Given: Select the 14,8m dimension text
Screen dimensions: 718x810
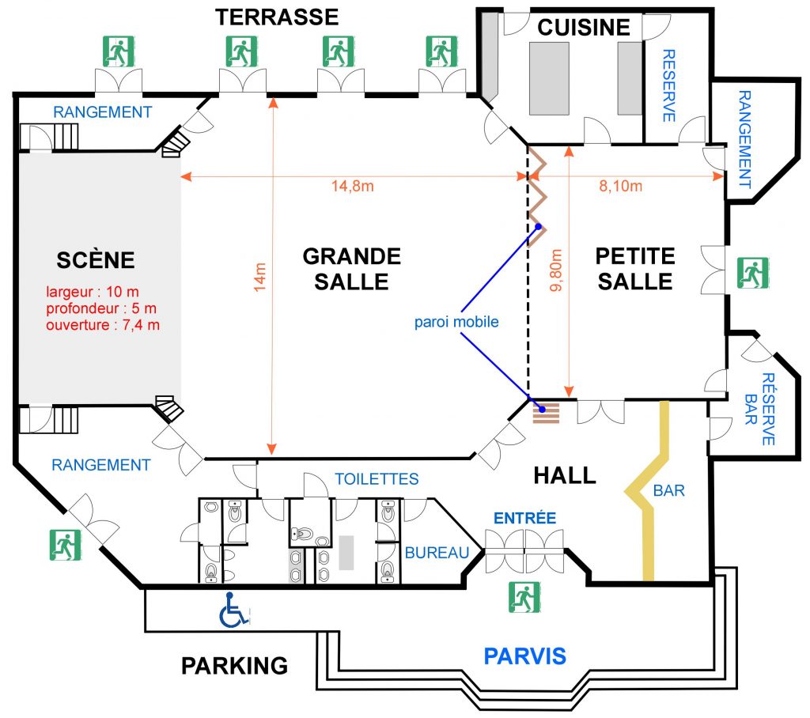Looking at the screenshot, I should [353, 187].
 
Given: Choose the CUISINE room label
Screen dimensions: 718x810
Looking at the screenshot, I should [584, 28].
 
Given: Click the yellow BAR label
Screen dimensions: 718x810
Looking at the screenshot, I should [669, 490].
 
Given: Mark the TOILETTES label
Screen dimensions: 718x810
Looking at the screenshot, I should [377, 479].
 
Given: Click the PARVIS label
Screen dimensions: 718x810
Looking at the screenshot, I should [525, 656].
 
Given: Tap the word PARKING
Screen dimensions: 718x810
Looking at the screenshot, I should [235, 665].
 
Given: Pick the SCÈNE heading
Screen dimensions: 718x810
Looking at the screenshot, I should [96, 259].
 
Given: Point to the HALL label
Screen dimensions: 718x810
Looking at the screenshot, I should [565, 475].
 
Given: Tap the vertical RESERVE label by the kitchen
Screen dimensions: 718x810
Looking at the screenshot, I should [668, 85].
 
